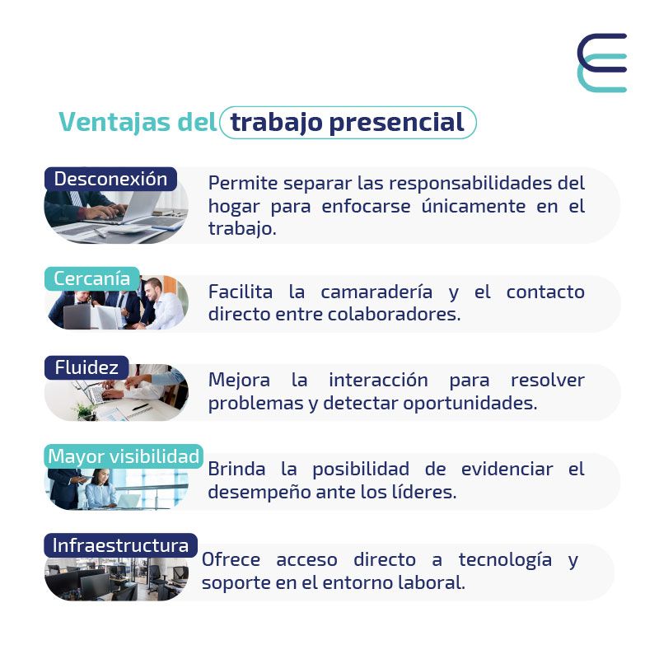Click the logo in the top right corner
[x=602, y=63]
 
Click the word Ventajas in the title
[x=115, y=122]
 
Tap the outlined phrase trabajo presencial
[x=348, y=122]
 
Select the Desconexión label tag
[x=110, y=179]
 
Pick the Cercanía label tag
[x=92, y=278]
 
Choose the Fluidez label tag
[x=86, y=367]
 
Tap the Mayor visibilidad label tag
[x=124, y=456]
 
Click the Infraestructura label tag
[x=120, y=545]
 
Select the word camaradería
[x=376, y=292]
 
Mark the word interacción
[x=378, y=380]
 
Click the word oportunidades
[x=470, y=403]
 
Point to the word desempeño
[x=259, y=492]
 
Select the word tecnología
[x=505, y=561]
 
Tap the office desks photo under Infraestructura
[x=116, y=579]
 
